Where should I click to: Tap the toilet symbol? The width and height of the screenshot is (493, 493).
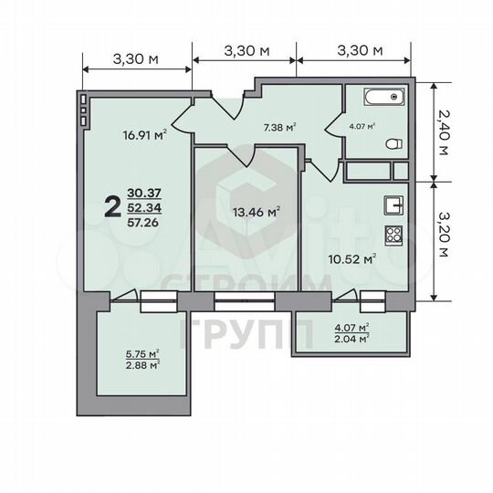[392, 142]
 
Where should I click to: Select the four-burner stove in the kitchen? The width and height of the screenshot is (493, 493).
[394, 235]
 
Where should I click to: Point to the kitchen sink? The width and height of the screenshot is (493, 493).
[393, 205]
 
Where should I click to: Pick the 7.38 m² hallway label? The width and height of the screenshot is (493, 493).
[278, 129]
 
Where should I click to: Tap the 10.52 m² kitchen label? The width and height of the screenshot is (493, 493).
[351, 258]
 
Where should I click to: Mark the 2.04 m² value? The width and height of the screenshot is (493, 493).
[351, 338]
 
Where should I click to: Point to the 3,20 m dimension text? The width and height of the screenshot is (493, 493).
[443, 240]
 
